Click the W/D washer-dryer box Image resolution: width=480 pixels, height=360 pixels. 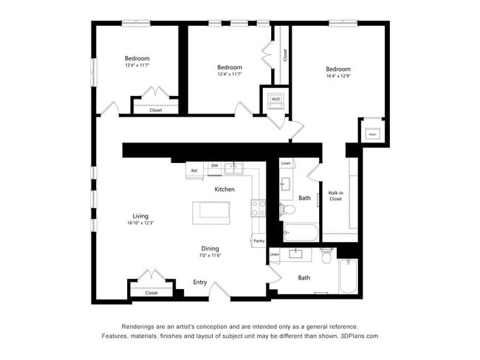(275, 99)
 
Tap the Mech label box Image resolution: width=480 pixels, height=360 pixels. (372, 134)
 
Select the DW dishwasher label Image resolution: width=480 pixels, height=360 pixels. (214, 166)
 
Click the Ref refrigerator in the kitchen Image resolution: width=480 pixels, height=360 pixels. (194, 170)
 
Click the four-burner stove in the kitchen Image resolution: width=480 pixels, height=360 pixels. (258, 208)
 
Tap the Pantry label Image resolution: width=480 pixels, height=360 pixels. (258, 240)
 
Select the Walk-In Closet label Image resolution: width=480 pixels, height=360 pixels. (335, 195)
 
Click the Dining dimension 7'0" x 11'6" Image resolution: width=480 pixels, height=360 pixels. (210, 255)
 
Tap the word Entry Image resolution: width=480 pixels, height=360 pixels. (200, 282)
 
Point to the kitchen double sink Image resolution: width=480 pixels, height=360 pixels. (235, 168)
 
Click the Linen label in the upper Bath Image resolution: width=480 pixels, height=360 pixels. (286, 162)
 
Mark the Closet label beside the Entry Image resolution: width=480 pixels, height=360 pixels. (151, 293)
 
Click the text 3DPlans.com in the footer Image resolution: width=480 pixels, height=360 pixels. (360, 336)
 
